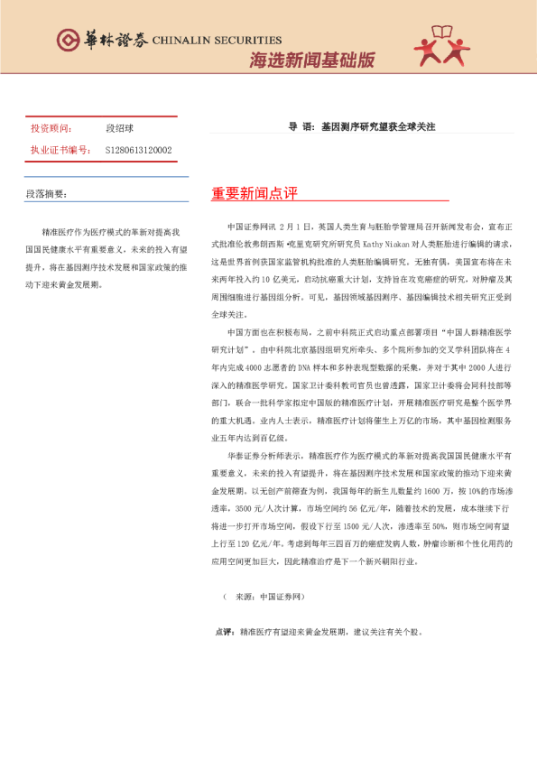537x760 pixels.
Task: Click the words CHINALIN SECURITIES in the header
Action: (x=218, y=41)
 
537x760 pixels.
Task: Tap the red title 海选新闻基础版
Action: (x=311, y=60)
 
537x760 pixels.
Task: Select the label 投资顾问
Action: (x=51, y=129)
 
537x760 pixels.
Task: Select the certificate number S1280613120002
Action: (x=139, y=150)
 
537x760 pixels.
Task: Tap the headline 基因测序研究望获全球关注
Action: (x=378, y=127)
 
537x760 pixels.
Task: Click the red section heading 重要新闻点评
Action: (x=255, y=194)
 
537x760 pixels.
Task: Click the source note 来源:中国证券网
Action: (x=268, y=597)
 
